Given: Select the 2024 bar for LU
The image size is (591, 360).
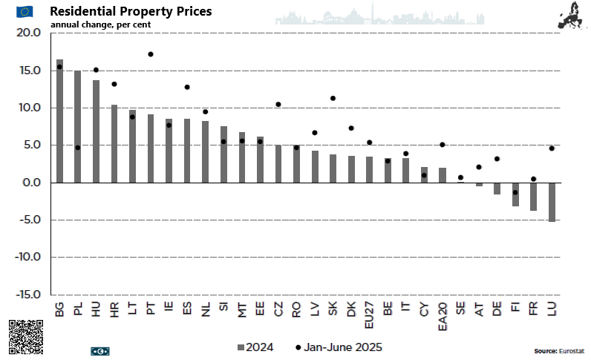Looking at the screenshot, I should pyautogui.click(x=552, y=202).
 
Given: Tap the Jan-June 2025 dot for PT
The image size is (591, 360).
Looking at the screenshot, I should pyautogui.click(x=150, y=54).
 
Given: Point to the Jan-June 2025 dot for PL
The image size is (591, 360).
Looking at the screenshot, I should pyautogui.click(x=77, y=148).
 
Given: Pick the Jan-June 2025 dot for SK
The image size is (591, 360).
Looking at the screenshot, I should pyautogui.click(x=333, y=98).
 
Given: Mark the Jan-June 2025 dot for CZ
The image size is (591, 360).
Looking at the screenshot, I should pyautogui.click(x=278, y=105).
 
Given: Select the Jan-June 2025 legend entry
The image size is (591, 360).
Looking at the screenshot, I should pyautogui.click(x=339, y=347).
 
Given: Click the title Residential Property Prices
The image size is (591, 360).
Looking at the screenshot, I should pyautogui.click(x=130, y=12).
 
